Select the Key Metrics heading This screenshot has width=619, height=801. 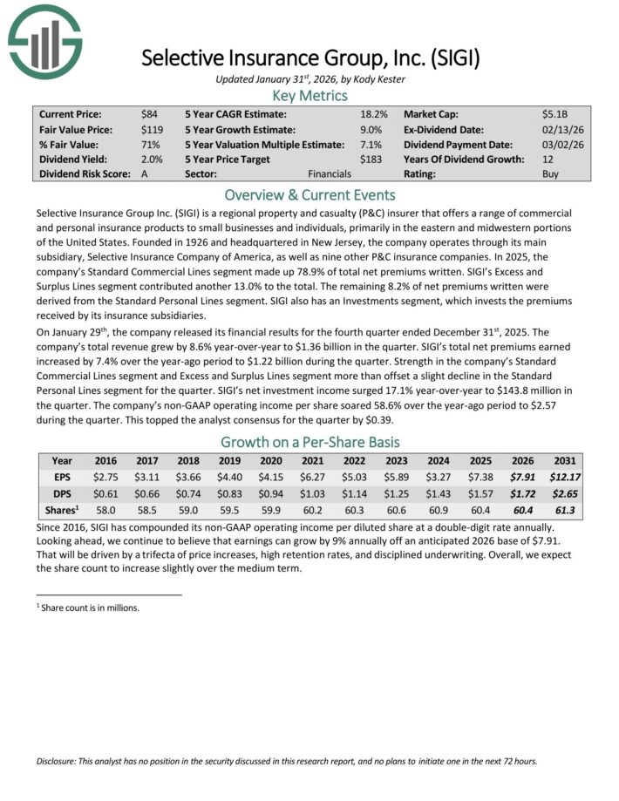(309, 95)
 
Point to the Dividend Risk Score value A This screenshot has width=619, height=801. (145, 173)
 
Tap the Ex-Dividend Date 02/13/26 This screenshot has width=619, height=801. (560, 129)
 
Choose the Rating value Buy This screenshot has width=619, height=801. (551, 173)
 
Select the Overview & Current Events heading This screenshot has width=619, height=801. (309, 194)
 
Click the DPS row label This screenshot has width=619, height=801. (62, 492)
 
